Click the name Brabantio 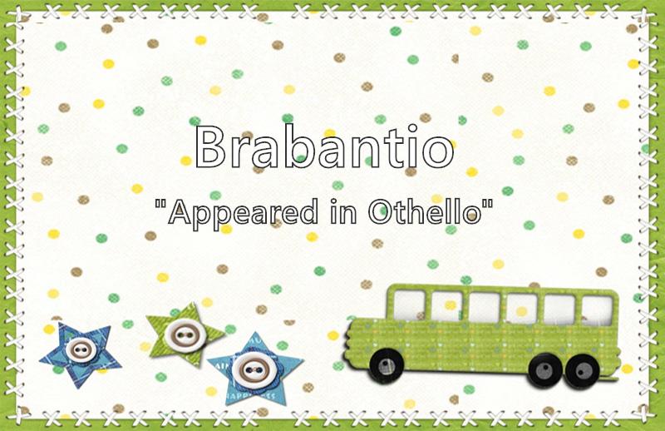click(x=324, y=146)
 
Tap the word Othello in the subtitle click(x=425, y=211)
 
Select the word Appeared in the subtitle click(x=243, y=215)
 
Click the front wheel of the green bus click(x=387, y=365)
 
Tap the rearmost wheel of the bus click(x=583, y=371)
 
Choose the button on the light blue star click(x=252, y=369)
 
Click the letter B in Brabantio click(x=210, y=146)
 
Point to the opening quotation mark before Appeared click(x=160, y=203)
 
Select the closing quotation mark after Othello click(x=488, y=203)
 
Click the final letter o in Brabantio click(x=437, y=152)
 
